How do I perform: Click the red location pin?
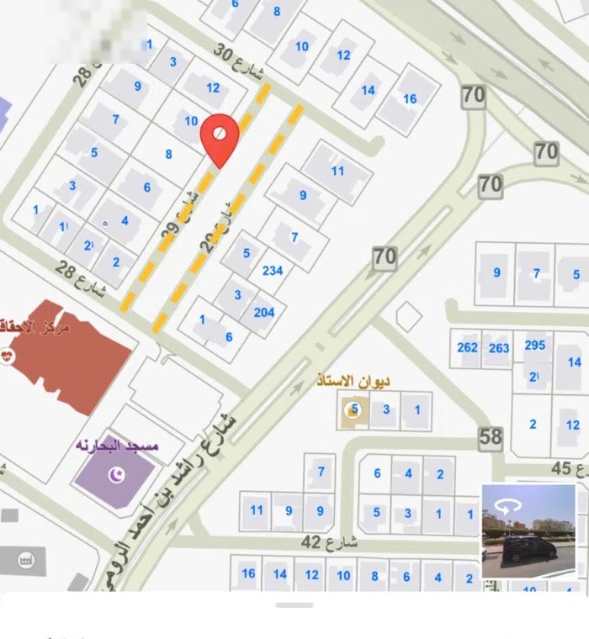[x=219, y=140]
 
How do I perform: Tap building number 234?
[x=273, y=271]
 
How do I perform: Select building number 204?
[x=263, y=312]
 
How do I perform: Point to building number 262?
[x=468, y=347]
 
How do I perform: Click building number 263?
[x=499, y=347]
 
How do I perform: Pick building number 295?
[x=535, y=346]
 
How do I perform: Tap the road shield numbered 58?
[x=491, y=436]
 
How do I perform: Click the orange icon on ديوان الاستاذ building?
[x=352, y=410]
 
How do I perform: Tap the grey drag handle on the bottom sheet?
[x=294, y=605]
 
